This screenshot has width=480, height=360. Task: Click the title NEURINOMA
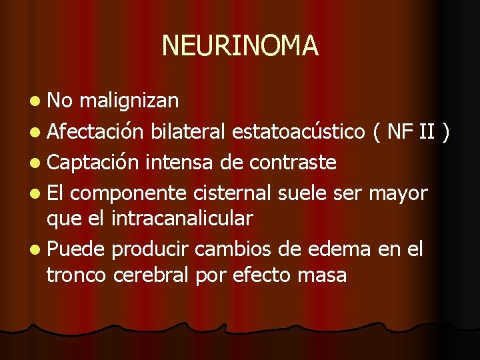(x=240, y=46)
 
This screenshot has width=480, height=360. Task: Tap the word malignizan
(x=129, y=101)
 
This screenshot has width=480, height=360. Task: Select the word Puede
(x=75, y=249)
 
